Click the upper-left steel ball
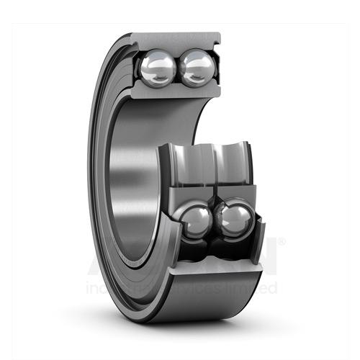(x=156, y=68)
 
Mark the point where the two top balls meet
(x=176, y=68)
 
